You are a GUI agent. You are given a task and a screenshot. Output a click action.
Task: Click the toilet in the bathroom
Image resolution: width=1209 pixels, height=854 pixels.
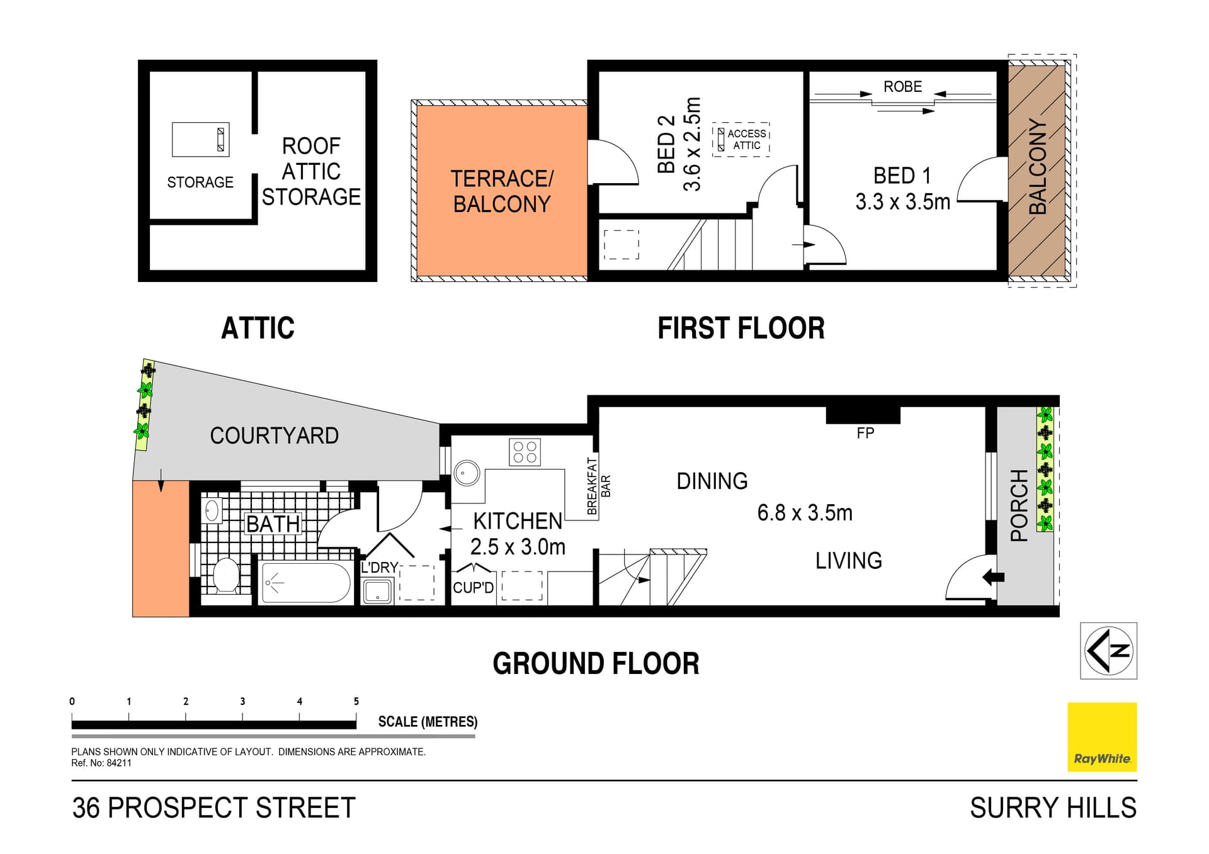tap(225, 575)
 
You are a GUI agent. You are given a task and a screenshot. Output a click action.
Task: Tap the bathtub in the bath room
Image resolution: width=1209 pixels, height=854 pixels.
tap(306, 582)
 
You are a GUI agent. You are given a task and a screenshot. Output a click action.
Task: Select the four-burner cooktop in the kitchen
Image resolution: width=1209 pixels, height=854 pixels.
tap(525, 452)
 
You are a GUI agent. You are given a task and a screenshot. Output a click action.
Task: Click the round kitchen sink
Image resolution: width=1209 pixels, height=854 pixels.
tap(467, 473)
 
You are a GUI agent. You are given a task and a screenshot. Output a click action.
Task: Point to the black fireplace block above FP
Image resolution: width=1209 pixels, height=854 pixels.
tap(863, 415)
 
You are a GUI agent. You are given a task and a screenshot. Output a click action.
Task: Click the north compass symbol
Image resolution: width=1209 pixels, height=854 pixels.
tap(1108, 651)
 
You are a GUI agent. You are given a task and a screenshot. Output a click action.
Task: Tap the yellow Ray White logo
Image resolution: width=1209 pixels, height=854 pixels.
tap(1102, 737)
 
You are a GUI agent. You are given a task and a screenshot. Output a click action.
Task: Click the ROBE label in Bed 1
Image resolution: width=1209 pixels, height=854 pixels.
tap(902, 87)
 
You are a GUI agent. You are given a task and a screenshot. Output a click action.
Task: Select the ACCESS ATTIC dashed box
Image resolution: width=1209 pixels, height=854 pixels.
tap(741, 139)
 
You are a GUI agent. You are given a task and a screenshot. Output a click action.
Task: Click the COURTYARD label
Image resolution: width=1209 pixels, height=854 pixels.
tap(274, 435)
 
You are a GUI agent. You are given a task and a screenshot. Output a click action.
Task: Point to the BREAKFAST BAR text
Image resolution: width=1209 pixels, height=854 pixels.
tap(598, 486)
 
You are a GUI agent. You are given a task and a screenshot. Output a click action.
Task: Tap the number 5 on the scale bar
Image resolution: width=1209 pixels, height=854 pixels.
tap(356, 701)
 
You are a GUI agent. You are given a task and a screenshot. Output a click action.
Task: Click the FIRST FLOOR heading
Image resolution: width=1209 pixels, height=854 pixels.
tap(741, 328)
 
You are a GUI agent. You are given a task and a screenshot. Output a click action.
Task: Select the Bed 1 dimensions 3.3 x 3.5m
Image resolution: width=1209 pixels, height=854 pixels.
tap(902, 202)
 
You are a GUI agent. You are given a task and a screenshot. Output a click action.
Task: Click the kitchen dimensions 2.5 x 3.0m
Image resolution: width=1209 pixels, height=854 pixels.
tap(518, 547)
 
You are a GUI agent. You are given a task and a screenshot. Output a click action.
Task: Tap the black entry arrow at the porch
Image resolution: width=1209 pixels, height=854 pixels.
tap(994, 576)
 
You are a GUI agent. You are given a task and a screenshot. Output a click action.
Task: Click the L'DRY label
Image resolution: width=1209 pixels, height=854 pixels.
tap(379, 568)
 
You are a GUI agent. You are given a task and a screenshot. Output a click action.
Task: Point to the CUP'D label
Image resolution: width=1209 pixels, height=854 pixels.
tap(474, 588)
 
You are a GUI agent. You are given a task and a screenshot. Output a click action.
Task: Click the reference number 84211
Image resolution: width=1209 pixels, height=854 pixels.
tap(119, 763)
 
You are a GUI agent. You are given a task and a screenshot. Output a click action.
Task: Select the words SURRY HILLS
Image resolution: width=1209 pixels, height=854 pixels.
tap(1053, 808)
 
